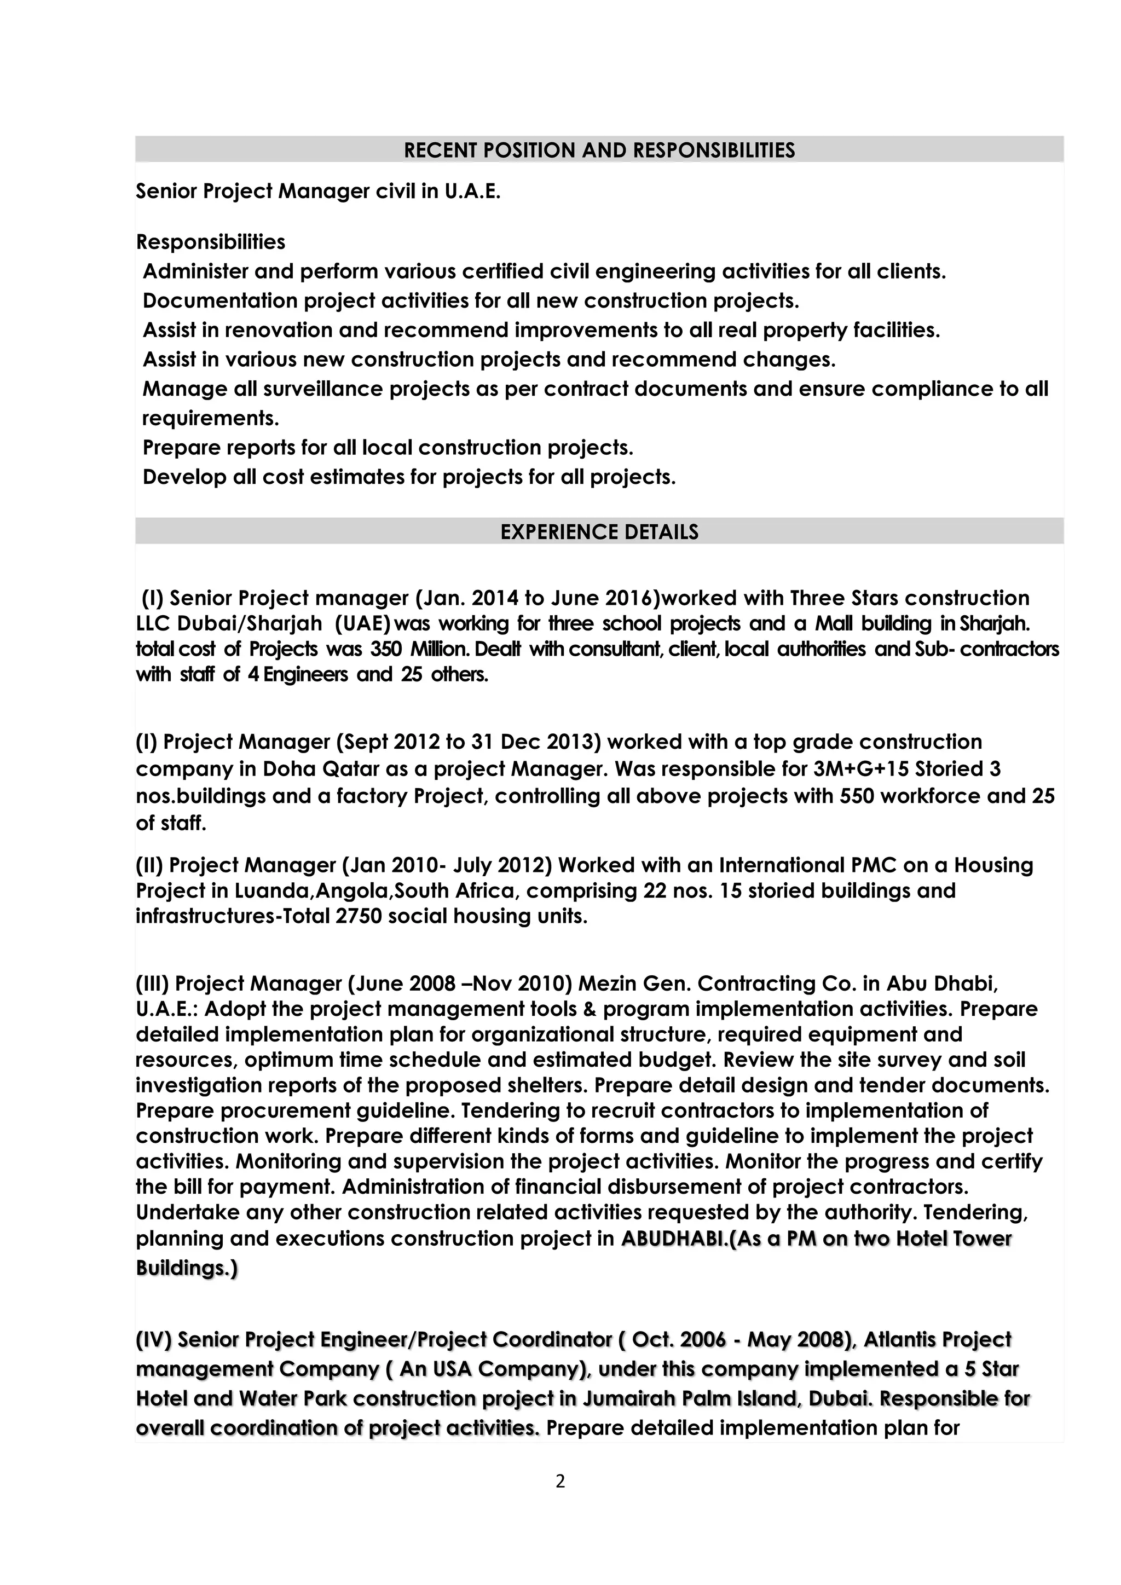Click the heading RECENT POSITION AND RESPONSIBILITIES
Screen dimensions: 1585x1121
[599, 151]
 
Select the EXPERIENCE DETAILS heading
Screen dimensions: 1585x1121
[599, 531]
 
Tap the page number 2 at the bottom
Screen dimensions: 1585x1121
[560, 1481]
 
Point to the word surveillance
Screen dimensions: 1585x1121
[322, 389]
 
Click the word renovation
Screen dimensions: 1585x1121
[278, 331]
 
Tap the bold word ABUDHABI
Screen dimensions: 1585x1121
[674, 1239]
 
